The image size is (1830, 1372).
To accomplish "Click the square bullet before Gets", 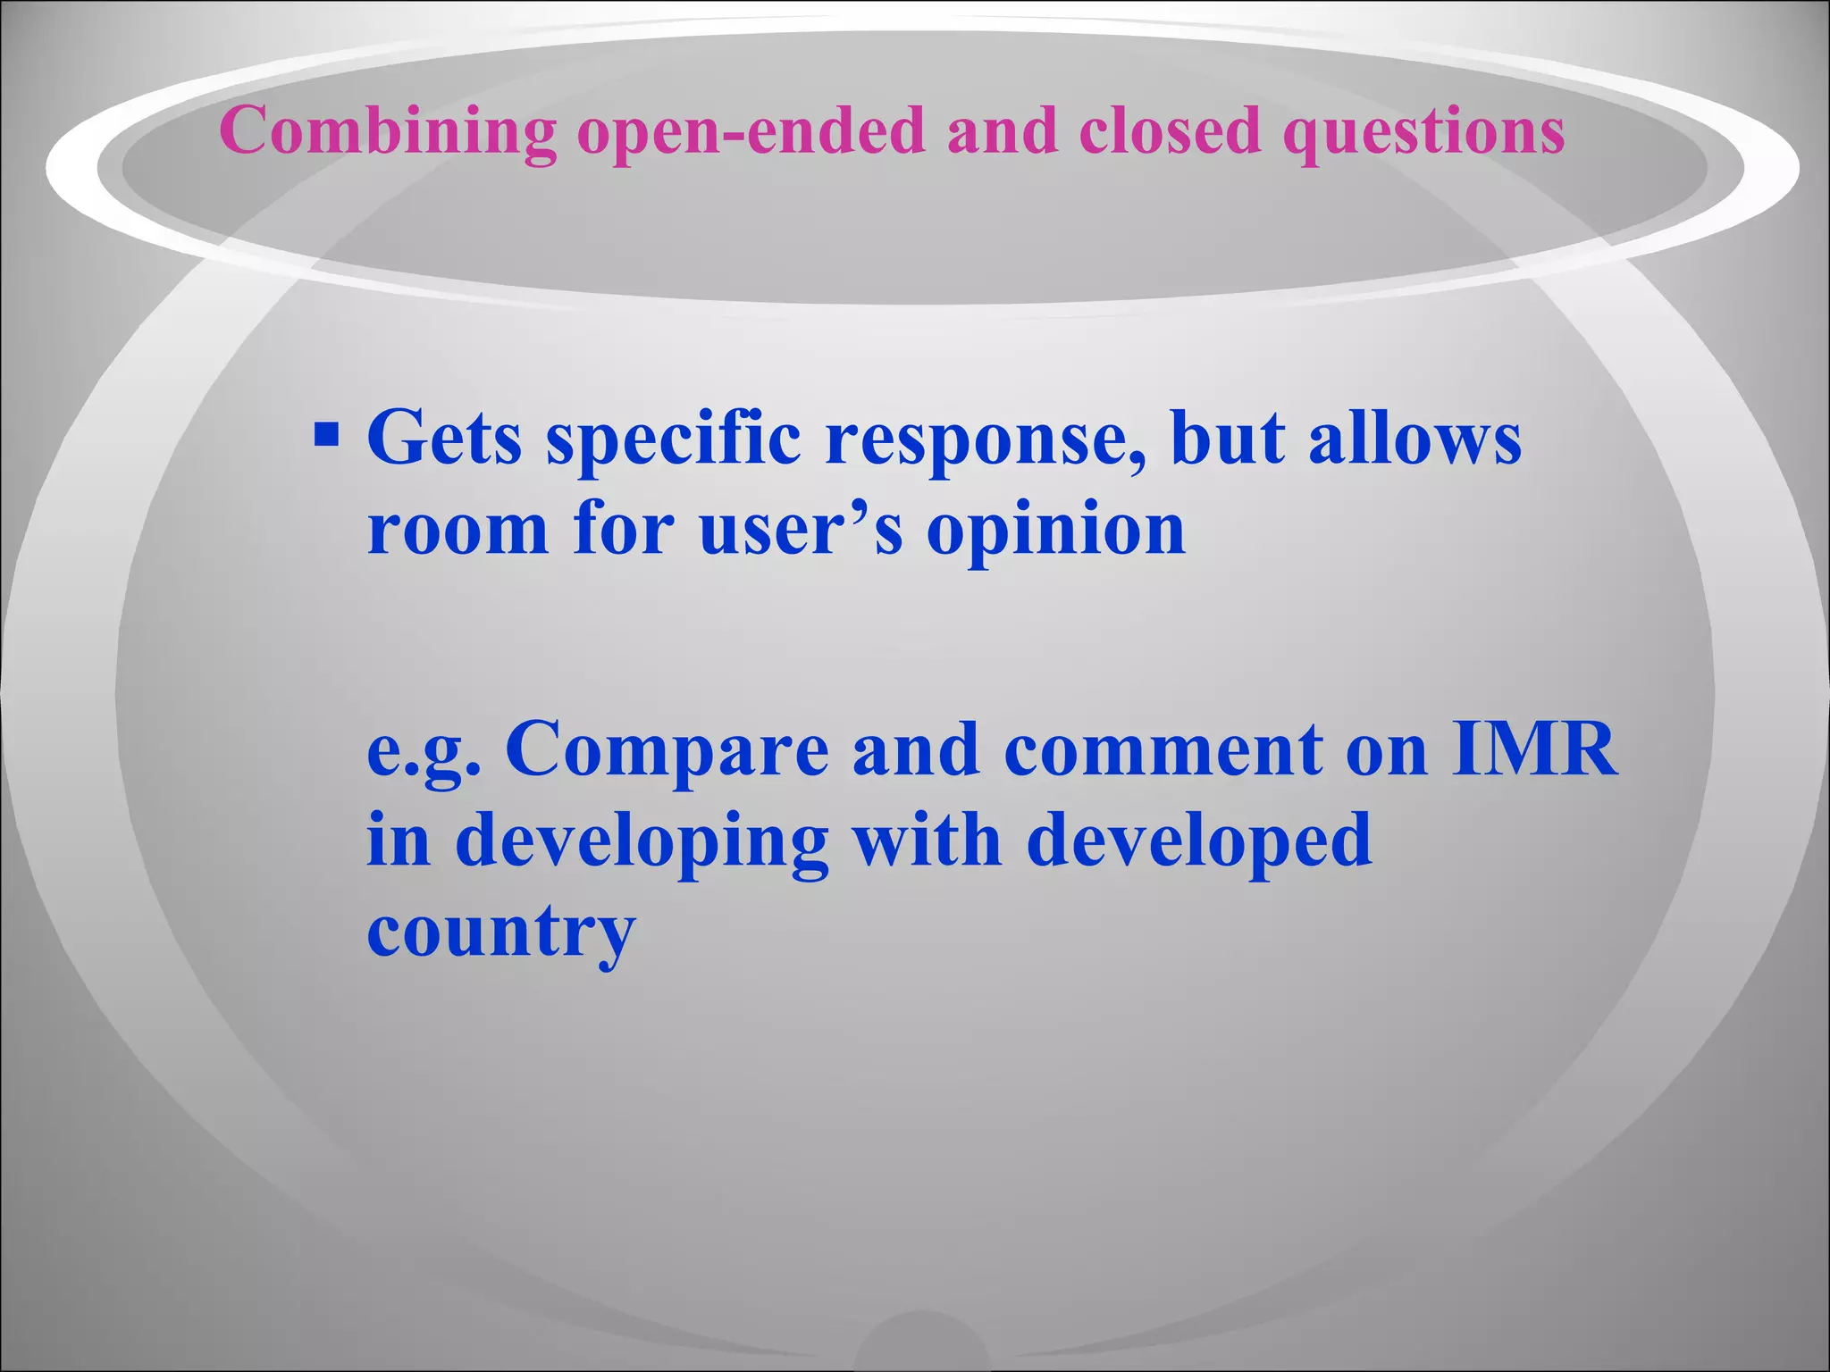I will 327,436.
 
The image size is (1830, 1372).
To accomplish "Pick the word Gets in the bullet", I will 444,438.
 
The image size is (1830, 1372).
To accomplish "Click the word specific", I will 674,439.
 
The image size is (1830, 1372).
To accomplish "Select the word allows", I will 1414,438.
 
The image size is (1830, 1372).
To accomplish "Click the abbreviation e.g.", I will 424,752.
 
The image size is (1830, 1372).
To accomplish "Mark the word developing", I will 642,843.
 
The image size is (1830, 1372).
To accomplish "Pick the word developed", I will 1198,843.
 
